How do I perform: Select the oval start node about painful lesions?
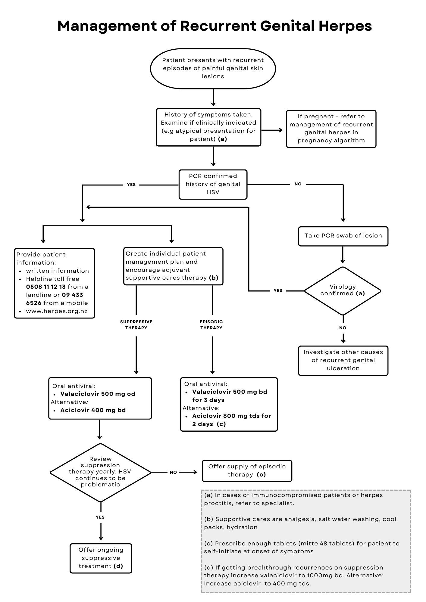click(213, 69)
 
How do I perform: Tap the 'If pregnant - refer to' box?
click(331, 129)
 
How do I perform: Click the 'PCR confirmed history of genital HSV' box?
click(213, 184)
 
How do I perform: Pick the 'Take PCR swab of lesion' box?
click(343, 236)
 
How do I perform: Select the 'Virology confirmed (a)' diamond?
click(343, 290)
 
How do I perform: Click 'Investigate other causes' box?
click(343, 360)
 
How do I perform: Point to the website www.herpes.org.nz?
click(57, 311)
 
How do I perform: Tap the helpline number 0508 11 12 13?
click(46, 287)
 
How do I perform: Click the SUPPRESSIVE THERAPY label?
click(136, 325)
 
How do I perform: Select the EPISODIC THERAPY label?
click(211, 325)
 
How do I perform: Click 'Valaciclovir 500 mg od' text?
click(98, 394)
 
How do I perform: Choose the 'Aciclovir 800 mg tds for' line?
click(231, 416)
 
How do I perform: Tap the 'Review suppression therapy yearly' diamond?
click(100, 472)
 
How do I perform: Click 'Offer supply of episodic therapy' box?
click(247, 470)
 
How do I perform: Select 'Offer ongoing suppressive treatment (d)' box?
click(101, 558)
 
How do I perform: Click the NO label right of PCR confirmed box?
click(298, 184)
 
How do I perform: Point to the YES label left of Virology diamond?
click(278, 291)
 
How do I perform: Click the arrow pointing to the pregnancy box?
click(273, 130)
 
